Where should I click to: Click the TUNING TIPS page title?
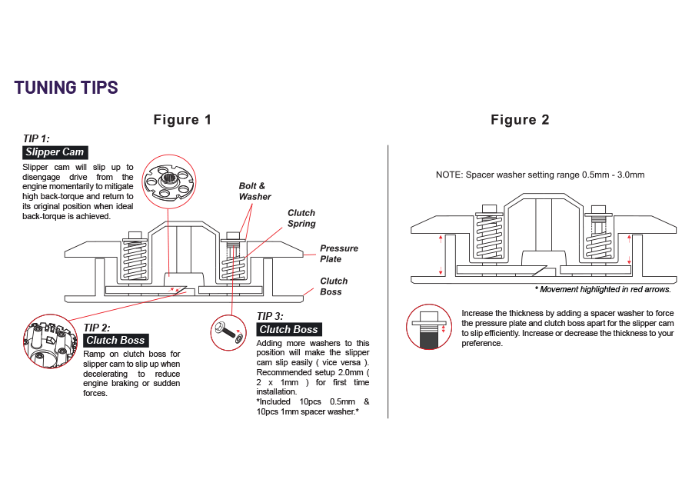coord(66,88)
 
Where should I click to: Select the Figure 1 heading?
coord(182,120)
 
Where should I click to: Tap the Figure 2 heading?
coord(520,120)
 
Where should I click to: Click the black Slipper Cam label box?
coord(55,152)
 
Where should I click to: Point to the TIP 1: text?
coord(37,138)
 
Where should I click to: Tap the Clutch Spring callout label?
coord(301,218)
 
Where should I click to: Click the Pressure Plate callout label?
coord(339,254)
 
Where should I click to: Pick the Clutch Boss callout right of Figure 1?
coord(334,286)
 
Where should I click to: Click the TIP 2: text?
coord(97,328)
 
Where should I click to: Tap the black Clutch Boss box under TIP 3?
coord(288,329)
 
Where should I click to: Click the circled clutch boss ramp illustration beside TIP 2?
coord(51,341)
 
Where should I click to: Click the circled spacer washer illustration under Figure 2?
coord(430,327)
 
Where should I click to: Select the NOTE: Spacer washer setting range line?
coord(540,175)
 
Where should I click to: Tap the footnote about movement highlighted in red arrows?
coord(602,290)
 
